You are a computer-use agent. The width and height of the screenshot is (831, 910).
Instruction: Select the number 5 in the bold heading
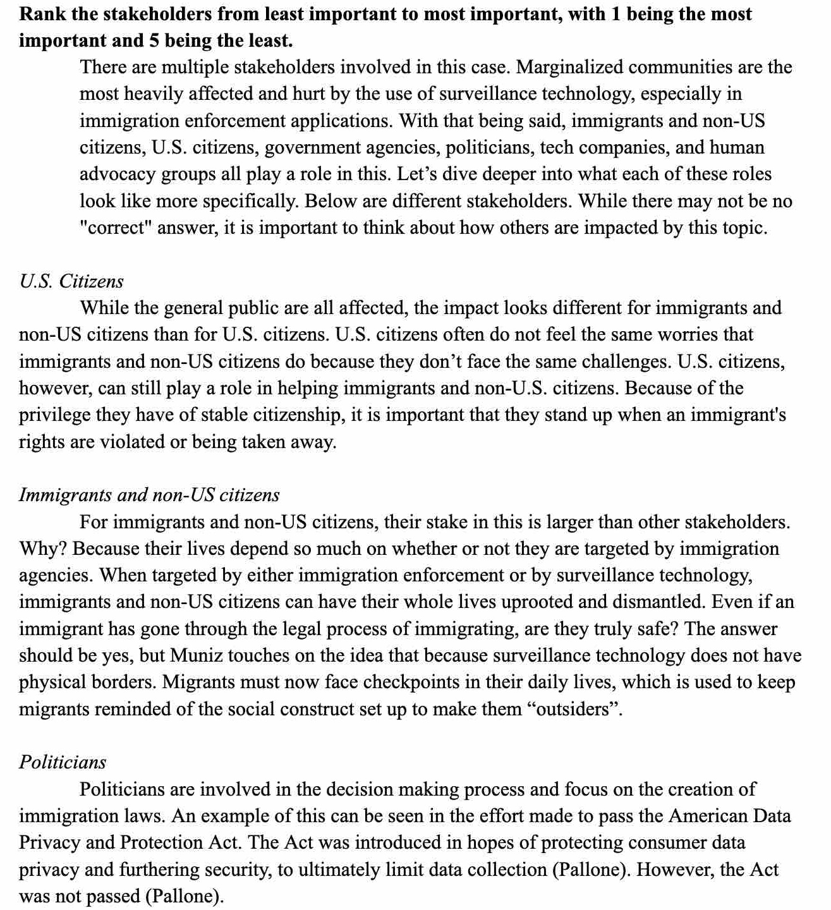tap(145, 40)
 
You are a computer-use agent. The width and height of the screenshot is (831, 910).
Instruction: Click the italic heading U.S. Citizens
tap(71, 281)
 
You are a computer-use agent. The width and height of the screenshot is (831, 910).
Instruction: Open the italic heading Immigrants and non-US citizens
tap(149, 495)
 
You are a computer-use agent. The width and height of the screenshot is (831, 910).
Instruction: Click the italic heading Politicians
tap(63, 762)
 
